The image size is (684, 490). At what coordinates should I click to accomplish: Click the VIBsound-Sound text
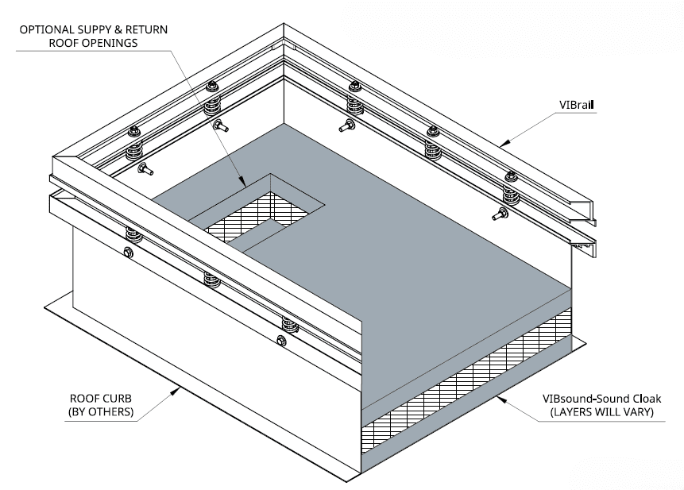(x=570, y=398)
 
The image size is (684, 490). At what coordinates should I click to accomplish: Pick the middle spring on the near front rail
(x=211, y=279)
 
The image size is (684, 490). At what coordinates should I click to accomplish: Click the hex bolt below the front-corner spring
(x=129, y=253)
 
